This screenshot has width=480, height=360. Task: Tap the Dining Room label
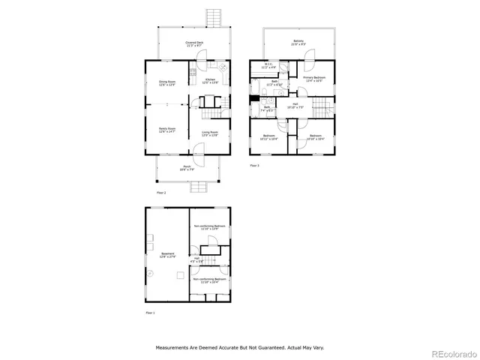click(166, 82)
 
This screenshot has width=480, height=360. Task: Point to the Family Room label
click(166, 130)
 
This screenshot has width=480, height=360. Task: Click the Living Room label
click(209, 133)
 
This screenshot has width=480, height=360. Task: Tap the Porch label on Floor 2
click(187, 168)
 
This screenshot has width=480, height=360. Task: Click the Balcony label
click(298, 42)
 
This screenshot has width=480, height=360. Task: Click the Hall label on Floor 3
click(295, 106)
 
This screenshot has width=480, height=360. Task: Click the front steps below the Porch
click(196, 187)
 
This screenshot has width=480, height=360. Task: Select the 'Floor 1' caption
click(150, 312)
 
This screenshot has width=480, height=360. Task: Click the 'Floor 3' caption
click(254, 165)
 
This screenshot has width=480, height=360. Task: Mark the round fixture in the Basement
click(150, 274)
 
